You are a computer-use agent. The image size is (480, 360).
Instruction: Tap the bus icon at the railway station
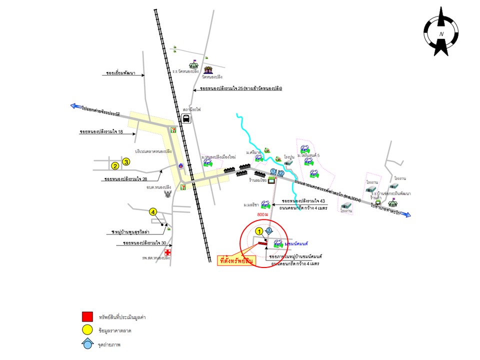[x=186, y=119]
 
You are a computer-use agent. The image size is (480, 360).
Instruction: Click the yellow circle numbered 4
[x=153, y=212]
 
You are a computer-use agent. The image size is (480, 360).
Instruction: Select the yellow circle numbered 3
[x=126, y=161]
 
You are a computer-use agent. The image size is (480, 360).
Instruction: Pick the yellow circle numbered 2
[x=115, y=166]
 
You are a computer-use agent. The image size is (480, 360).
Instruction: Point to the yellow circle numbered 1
[x=259, y=231]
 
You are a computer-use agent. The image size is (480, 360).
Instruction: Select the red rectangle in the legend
[x=87, y=316]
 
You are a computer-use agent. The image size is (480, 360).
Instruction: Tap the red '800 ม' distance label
[x=262, y=214]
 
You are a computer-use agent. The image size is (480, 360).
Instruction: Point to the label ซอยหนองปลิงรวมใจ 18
[x=101, y=132]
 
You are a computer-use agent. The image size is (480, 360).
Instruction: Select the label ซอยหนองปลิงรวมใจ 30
[x=144, y=243]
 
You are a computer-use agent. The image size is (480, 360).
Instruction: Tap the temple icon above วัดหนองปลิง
[x=208, y=68]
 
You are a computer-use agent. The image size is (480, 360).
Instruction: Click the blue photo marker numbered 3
[x=269, y=230]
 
